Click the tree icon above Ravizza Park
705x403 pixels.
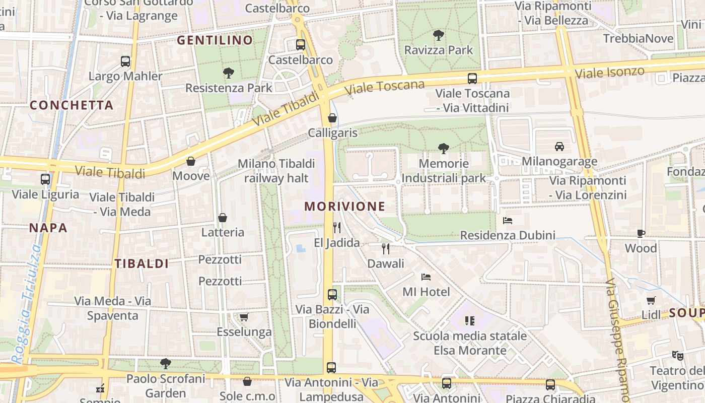(x=439, y=35)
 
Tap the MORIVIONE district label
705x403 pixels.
(x=344, y=207)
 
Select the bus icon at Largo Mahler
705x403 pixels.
(x=125, y=61)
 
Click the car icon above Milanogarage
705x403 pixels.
(x=559, y=147)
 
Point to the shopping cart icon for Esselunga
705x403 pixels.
(x=244, y=317)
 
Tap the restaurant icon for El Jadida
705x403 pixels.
(x=337, y=228)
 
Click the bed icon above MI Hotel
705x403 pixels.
(x=426, y=277)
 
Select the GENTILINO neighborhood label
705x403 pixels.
(x=215, y=40)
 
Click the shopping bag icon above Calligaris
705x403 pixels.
(x=332, y=118)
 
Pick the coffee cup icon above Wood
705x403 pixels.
(x=641, y=233)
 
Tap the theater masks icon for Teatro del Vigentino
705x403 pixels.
(x=678, y=355)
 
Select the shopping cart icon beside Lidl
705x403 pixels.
(x=651, y=300)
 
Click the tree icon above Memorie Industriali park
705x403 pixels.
(x=444, y=148)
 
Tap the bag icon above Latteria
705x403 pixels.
(x=223, y=218)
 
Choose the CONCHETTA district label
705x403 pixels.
(x=72, y=105)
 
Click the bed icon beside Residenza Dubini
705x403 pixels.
(x=508, y=221)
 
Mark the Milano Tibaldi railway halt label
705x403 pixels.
(x=276, y=171)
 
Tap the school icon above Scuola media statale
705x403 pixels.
(x=470, y=320)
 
